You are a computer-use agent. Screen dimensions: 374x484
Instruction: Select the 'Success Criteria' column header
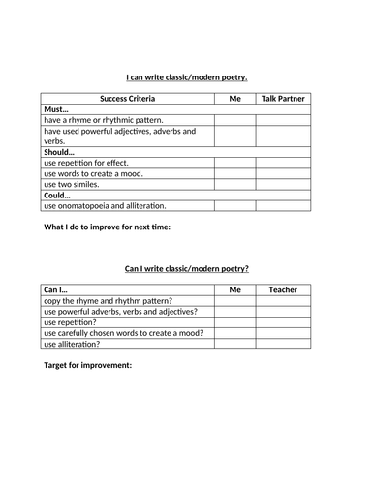(127, 99)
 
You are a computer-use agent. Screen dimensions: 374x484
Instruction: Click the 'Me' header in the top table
(234, 99)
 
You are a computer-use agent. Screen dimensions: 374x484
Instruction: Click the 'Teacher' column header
(283, 289)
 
